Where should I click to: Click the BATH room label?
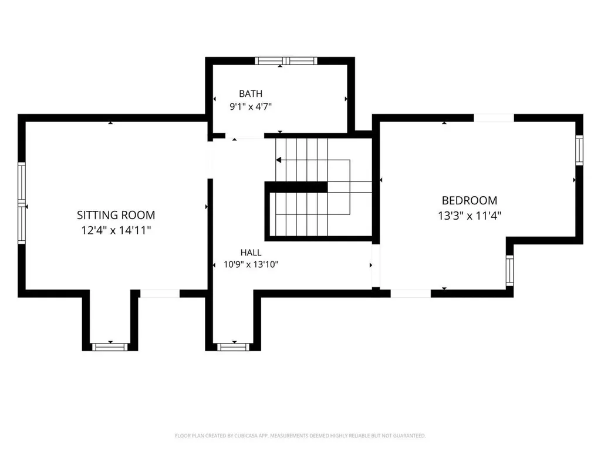(251, 93)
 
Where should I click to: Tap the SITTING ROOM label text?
(116, 215)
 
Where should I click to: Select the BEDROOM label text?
(470, 201)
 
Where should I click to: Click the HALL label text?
(251, 253)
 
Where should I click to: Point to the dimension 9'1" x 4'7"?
(251, 107)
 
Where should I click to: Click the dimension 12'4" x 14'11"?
(116, 230)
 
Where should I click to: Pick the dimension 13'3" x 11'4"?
(470, 216)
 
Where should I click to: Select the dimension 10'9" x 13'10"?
(251, 265)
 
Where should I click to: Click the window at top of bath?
(286, 60)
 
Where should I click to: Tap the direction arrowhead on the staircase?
(279, 160)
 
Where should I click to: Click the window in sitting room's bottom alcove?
(110, 347)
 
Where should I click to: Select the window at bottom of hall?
(234, 347)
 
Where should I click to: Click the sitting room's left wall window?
(22, 203)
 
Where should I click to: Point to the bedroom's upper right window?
(579, 150)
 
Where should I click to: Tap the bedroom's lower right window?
(509, 270)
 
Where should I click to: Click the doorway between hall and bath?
(245, 136)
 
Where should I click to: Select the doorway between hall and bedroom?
(376, 265)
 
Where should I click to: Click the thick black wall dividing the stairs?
(296, 187)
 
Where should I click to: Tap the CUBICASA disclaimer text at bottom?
(300, 436)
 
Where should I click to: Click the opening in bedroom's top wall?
(494, 117)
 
